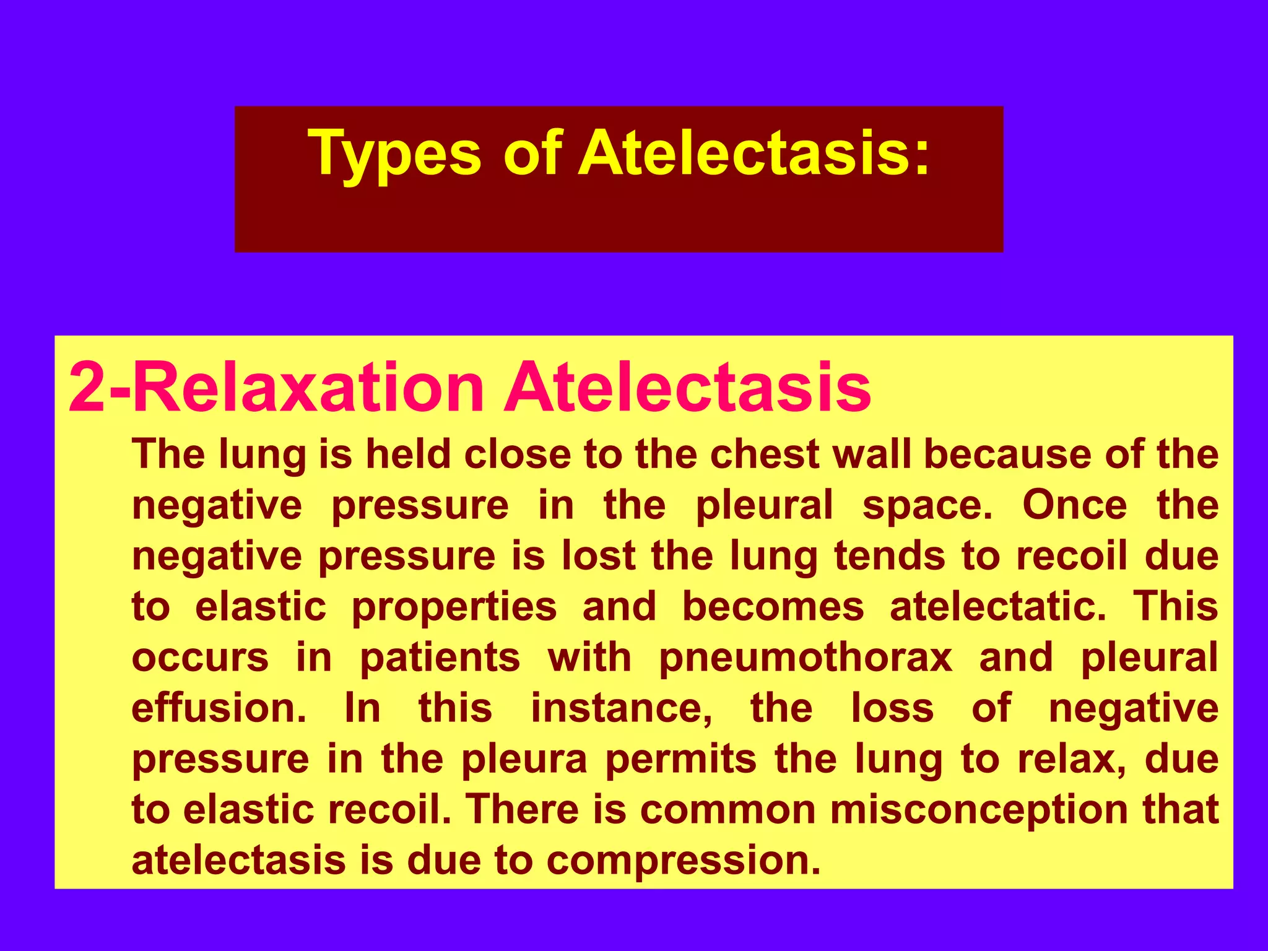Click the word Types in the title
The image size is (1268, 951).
pyautogui.click(x=397, y=153)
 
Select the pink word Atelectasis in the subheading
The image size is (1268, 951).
pyautogui.click(x=687, y=387)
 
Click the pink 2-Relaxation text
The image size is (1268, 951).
pyautogui.click(x=276, y=387)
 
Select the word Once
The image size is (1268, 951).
pyautogui.click(x=1075, y=505)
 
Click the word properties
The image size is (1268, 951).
pyautogui.click(x=454, y=607)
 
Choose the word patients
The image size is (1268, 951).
pyautogui.click(x=440, y=658)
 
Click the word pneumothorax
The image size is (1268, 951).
pyautogui.click(x=806, y=658)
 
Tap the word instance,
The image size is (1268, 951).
pyautogui.click(x=622, y=708)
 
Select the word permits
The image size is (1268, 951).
pyautogui.click(x=681, y=759)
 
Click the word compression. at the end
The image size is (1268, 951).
pyautogui.click(x=684, y=861)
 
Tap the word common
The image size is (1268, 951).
pyautogui.click(x=727, y=810)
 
